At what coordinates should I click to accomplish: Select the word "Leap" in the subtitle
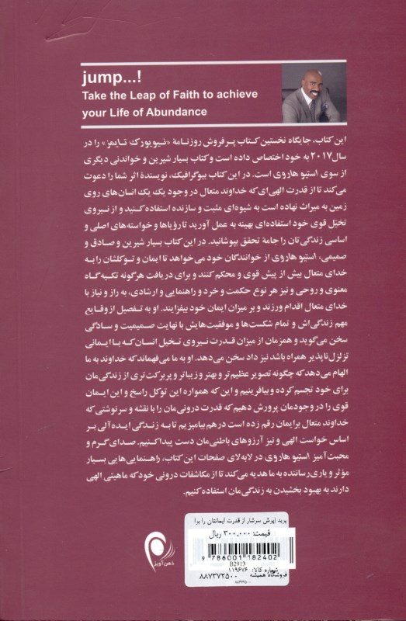[134, 95]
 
